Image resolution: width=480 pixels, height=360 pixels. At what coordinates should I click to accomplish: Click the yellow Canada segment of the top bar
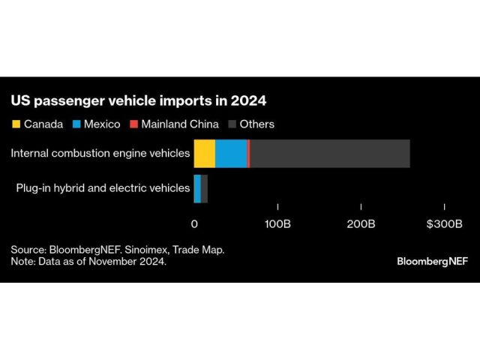204,153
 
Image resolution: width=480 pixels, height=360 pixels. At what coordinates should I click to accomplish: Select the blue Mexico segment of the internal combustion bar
230,153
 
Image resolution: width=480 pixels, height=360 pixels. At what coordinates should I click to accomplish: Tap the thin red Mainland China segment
248,153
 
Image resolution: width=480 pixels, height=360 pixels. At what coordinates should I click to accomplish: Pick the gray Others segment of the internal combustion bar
330,153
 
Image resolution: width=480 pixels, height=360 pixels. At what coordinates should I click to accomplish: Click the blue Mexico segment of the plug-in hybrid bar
197,188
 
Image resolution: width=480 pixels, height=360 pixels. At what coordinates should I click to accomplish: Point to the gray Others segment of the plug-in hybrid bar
204,188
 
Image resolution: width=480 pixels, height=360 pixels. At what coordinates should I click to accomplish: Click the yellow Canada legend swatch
15,124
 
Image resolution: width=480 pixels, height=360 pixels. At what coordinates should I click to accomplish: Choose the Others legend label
256,124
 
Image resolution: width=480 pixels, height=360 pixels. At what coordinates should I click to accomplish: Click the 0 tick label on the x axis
194,223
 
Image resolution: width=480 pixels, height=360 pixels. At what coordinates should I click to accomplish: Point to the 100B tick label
277,223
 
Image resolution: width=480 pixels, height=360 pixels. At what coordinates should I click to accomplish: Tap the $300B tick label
444,223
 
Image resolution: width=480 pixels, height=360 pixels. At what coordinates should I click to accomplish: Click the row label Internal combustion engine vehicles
100,153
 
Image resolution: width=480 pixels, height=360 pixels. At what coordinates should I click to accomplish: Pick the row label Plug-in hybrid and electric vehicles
103,188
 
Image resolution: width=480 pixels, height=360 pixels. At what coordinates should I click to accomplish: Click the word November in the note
112,262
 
